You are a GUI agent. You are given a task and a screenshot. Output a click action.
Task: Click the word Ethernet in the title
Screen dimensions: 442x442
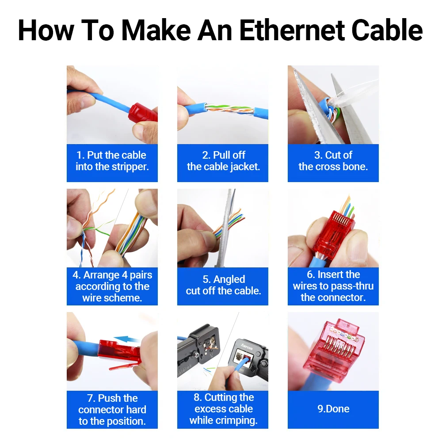[x=292, y=30]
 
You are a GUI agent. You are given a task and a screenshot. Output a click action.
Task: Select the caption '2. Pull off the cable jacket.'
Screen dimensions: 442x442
[x=223, y=161]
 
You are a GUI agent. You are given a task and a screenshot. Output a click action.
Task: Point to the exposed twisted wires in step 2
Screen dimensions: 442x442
[x=229, y=109]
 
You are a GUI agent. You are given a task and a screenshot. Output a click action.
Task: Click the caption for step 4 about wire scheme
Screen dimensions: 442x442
[x=112, y=286]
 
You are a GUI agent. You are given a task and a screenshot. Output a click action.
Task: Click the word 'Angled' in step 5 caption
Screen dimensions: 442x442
[x=229, y=279]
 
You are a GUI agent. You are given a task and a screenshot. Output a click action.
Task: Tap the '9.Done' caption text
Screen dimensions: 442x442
[x=333, y=409]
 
